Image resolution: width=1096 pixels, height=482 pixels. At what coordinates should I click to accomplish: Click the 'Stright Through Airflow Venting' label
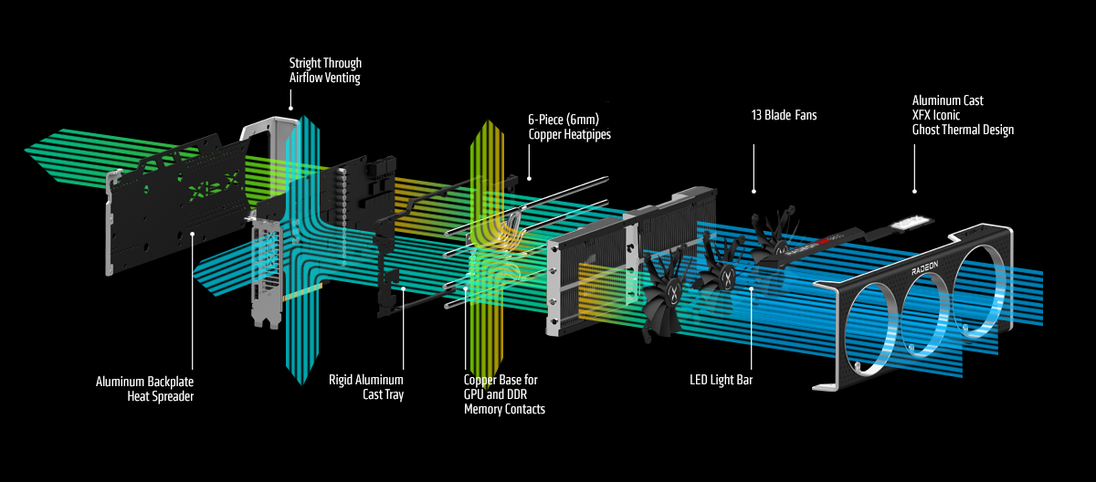(325, 70)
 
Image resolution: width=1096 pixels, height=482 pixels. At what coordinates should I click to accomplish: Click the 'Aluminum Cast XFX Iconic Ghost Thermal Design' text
(963, 115)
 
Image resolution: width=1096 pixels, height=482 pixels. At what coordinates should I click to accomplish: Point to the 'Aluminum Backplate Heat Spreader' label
(145, 387)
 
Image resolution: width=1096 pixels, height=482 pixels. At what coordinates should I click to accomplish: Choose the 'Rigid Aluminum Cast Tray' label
(366, 387)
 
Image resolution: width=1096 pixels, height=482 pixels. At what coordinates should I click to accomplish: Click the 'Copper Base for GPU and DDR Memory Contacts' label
(504, 393)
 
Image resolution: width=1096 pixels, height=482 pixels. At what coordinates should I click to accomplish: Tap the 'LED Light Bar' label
(722, 379)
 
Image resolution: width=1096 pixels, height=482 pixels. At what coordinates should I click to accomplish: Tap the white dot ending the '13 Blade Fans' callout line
(753, 192)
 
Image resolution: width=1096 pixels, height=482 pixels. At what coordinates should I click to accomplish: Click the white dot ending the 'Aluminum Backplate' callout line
(193, 234)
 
